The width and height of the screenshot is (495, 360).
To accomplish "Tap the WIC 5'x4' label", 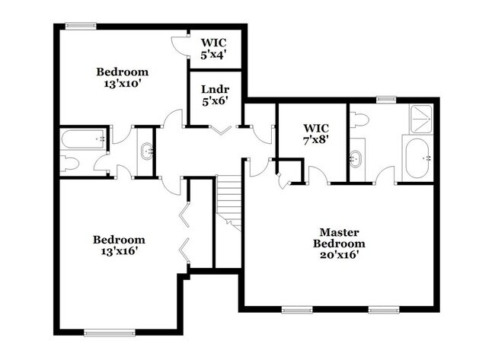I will tap(214, 49).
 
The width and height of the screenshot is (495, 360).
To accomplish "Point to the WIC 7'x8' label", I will tap(315, 133).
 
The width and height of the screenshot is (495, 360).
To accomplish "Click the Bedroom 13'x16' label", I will tap(118, 244).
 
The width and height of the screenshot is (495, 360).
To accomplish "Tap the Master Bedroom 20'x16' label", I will tap(339, 244).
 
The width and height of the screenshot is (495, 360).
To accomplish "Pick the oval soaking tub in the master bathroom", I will tap(418, 158).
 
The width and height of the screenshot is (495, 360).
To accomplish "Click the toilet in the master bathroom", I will tap(361, 119).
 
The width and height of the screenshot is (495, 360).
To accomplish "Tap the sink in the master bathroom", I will tap(356, 159).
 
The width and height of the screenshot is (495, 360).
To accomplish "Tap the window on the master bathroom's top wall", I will tap(386, 99).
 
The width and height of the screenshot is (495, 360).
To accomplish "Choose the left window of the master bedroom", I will tap(296, 309).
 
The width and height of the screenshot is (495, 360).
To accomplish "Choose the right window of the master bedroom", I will tap(385, 309).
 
